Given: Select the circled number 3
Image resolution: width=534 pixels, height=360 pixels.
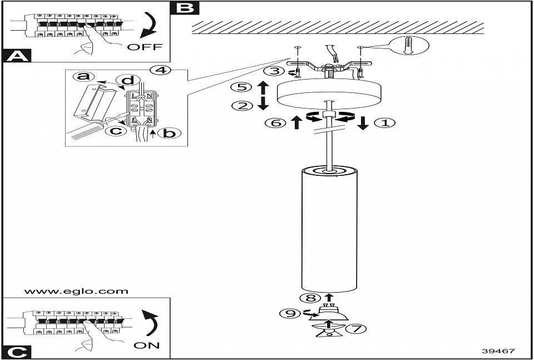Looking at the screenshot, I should point(271,71).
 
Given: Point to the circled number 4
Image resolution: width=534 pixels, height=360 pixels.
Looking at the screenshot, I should point(159,71).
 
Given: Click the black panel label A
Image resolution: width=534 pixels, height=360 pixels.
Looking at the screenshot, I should point(17,55).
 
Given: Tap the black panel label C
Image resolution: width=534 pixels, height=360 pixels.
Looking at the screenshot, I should point(17,352).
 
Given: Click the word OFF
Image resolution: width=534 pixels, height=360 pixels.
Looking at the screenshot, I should point(145,47).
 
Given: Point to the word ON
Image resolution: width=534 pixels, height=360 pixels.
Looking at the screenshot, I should point(147,345).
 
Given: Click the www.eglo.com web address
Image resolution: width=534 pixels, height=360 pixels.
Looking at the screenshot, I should point(76,291).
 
